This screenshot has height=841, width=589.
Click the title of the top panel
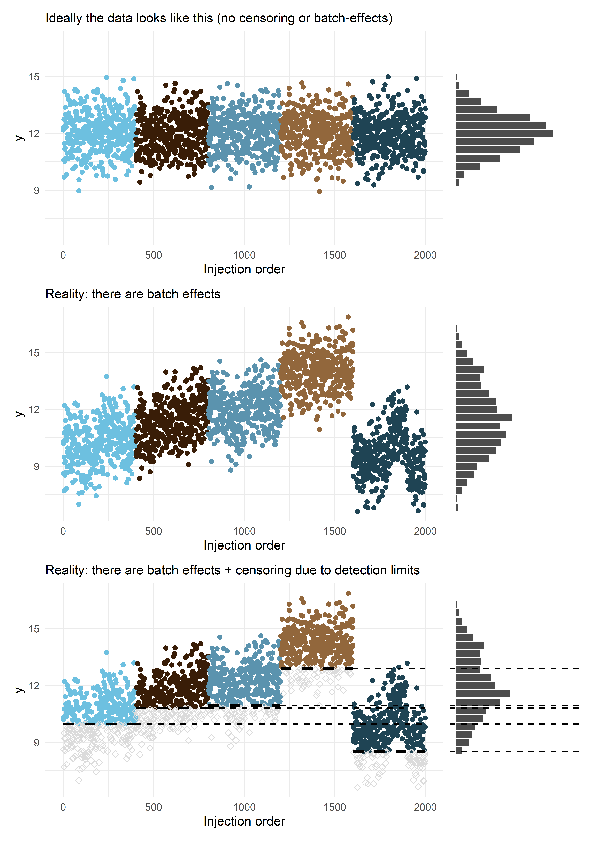(x=219, y=18)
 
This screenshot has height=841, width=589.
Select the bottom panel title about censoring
(x=232, y=570)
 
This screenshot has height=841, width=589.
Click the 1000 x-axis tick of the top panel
(x=244, y=255)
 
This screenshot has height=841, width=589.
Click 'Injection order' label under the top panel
(x=244, y=269)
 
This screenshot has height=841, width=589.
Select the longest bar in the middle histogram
(x=484, y=418)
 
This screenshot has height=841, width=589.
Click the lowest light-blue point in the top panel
(x=79, y=190)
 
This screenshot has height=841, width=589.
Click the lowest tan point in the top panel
(x=319, y=191)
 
